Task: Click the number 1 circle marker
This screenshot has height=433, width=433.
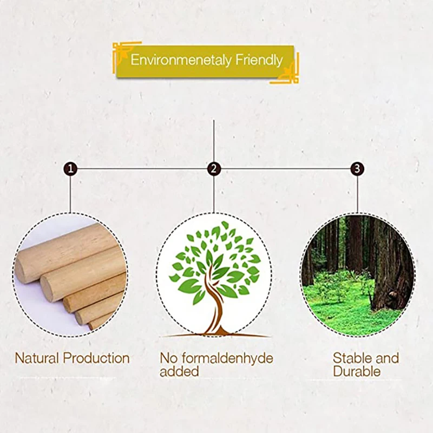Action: [x=70, y=169]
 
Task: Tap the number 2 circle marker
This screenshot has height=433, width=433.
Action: [x=214, y=169]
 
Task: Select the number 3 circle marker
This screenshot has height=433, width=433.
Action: [x=357, y=169]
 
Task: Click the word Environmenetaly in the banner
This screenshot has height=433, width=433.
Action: [x=181, y=60]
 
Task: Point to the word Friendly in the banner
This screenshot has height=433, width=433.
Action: [x=259, y=60]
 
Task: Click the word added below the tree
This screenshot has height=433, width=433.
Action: [x=179, y=371]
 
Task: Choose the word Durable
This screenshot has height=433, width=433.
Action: [x=357, y=371]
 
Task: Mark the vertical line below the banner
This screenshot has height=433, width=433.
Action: [x=214, y=141]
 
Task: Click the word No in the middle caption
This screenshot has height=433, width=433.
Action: [x=167, y=358]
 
